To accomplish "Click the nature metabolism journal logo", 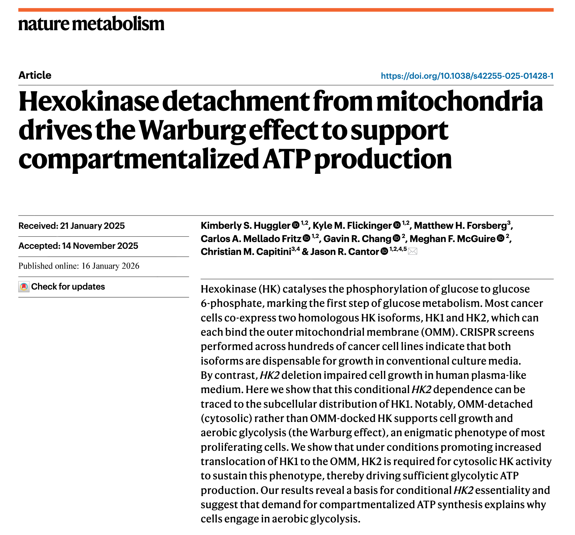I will tap(91, 24).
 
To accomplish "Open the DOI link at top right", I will tap(467, 76).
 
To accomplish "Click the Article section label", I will tap(35, 75).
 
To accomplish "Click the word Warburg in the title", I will tap(192, 131).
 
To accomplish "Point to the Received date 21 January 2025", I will tap(72, 226).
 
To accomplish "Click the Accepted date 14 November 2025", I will tap(78, 246).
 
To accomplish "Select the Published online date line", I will tap(79, 266).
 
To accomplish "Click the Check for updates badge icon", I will tap(24, 287).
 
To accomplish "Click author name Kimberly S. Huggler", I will tap(245, 226).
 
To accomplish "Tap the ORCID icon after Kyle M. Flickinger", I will tap(397, 225).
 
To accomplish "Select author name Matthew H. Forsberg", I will tap(460, 226).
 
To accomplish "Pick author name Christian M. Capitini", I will tap(246, 252).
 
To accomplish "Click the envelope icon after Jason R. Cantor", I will tap(412, 252).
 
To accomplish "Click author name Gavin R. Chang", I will tap(357, 239).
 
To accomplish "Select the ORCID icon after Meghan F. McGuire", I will tap(500, 238).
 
